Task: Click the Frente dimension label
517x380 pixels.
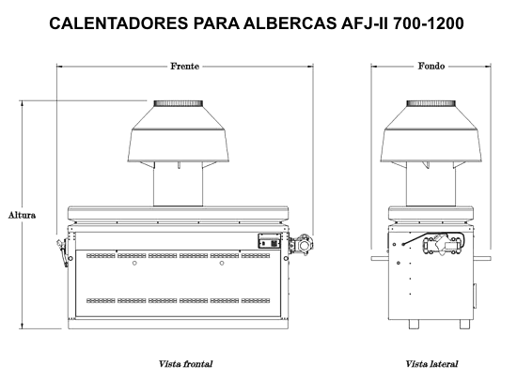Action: [183, 68]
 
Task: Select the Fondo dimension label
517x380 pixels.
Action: [431, 68]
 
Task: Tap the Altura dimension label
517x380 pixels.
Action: [22, 215]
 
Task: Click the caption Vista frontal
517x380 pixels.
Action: [186, 362]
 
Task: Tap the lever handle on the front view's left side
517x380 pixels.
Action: [62, 251]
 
